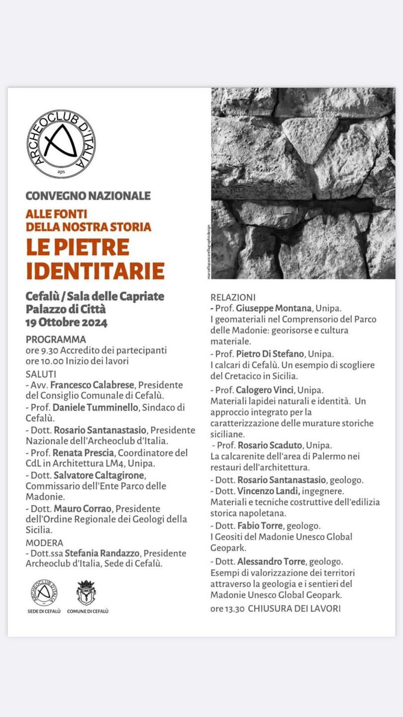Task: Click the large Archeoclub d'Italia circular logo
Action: tap(61, 143)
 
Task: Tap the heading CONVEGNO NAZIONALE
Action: tap(88, 196)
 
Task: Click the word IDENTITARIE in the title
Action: tap(95, 270)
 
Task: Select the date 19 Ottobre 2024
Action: tap(66, 322)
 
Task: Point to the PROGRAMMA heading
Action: tap(56, 340)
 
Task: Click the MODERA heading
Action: tap(44, 543)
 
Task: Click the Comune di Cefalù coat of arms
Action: tap(86, 593)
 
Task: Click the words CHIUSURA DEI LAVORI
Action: tap(294, 608)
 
